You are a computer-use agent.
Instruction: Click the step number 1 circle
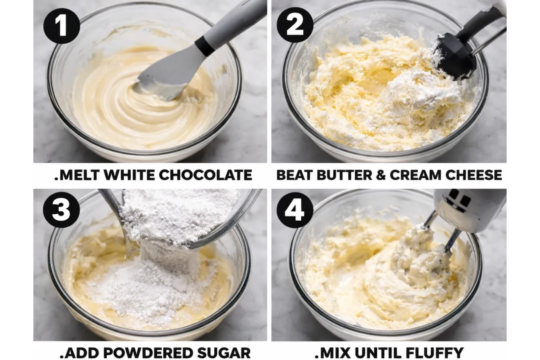click(x=61, y=25)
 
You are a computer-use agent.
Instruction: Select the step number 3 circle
click(x=61, y=210)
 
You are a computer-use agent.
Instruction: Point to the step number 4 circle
click(x=295, y=210)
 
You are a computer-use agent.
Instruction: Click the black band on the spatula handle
click(x=205, y=46)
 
